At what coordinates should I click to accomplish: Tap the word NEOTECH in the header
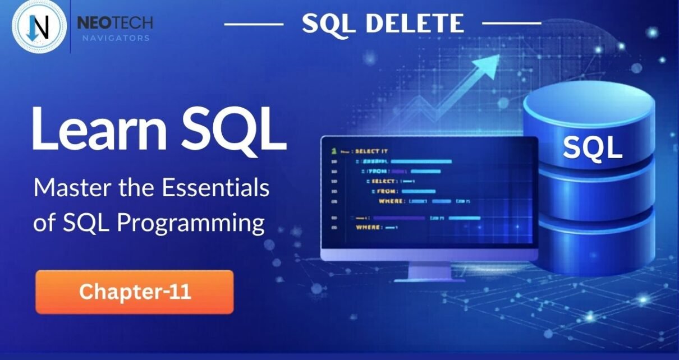click(114, 23)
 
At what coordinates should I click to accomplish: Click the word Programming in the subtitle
click(191, 223)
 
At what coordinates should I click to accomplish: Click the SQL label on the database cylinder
click(592, 147)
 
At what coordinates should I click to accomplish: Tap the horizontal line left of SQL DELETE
click(254, 24)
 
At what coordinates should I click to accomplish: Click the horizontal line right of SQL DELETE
click(511, 24)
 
